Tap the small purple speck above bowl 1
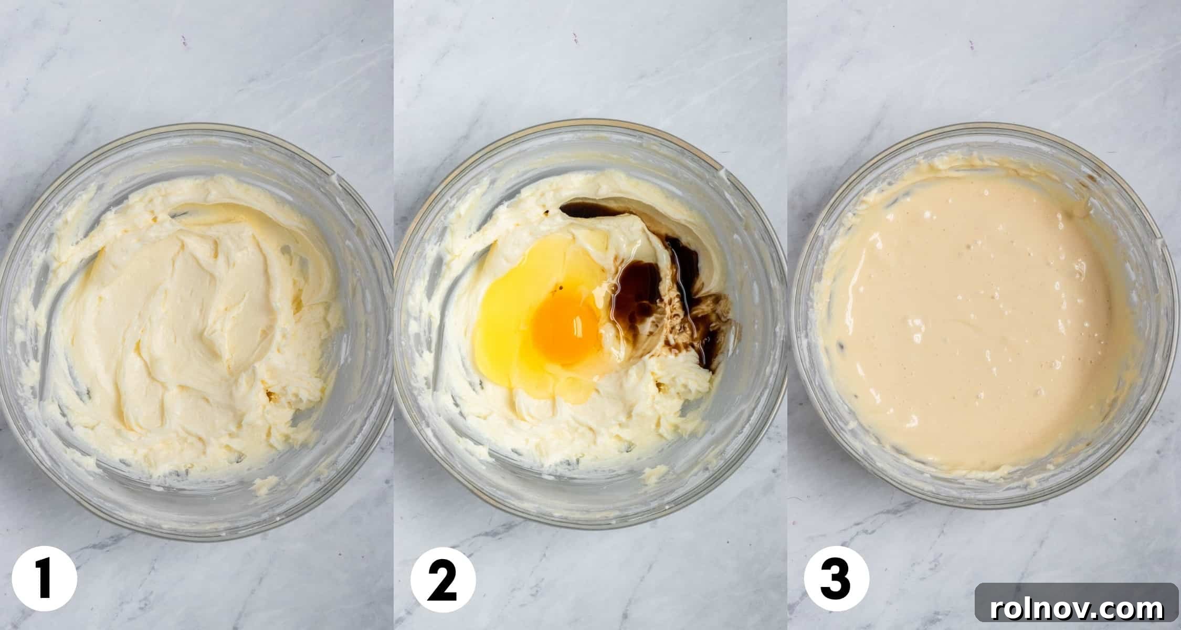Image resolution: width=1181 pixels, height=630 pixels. pyautogui.click(x=184, y=40)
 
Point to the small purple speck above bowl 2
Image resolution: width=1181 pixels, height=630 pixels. pyautogui.click(x=575, y=37)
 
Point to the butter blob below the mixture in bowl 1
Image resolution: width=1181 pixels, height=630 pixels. pyautogui.click(x=266, y=484)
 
